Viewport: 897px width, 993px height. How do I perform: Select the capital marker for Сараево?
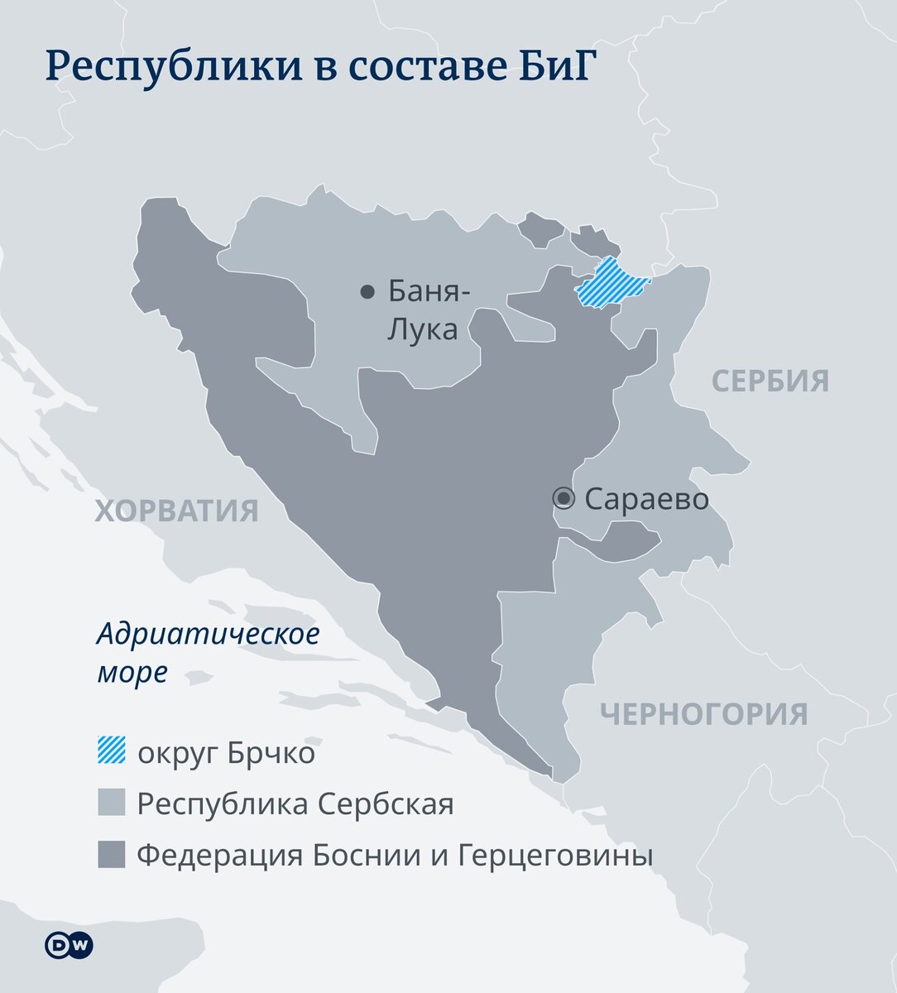pyautogui.click(x=564, y=498)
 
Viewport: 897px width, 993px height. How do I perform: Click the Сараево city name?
pyautogui.click(x=646, y=499)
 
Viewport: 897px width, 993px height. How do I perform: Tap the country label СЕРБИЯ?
pyautogui.click(x=770, y=381)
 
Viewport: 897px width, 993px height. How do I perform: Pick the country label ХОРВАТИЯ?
pyautogui.click(x=176, y=511)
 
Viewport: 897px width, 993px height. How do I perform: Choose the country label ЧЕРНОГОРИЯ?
pyautogui.click(x=703, y=713)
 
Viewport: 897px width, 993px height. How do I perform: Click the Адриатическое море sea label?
pyautogui.click(x=208, y=653)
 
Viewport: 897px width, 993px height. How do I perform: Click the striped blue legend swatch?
pyautogui.click(x=112, y=751)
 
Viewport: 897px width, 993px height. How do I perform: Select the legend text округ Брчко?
pyautogui.click(x=226, y=754)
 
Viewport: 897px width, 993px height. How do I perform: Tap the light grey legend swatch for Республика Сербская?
pyautogui.click(x=112, y=803)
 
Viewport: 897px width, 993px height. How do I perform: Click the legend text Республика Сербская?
pyautogui.click(x=295, y=804)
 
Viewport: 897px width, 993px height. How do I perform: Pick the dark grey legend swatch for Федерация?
pyautogui.click(x=112, y=854)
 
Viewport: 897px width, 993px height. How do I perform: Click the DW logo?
pyautogui.click(x=69, y=946)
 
